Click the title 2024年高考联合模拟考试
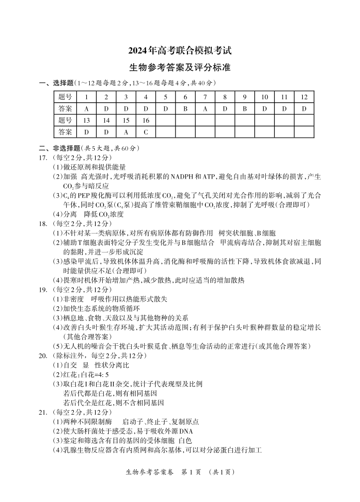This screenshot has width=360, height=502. pyautogui.click(x=180, y=50)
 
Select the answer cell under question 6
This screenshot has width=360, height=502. pyautogui.click(x=185, y=108)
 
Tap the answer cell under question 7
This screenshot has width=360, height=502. pyautogui.click(x=205, y=108)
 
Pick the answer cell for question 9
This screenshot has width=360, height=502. pyautogui.click(x=244, y=108)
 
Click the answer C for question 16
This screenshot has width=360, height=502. pyautogui.click(x=146, y=132)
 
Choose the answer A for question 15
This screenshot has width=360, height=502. pyautogui.click(x=126, y=132)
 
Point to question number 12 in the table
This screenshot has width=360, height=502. pyautogui.click(x=304, y=97)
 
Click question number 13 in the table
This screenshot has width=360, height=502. pyautogui.click(x=86, y=120)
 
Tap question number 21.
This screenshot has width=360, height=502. pyautogui.click(x=43, y=412)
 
